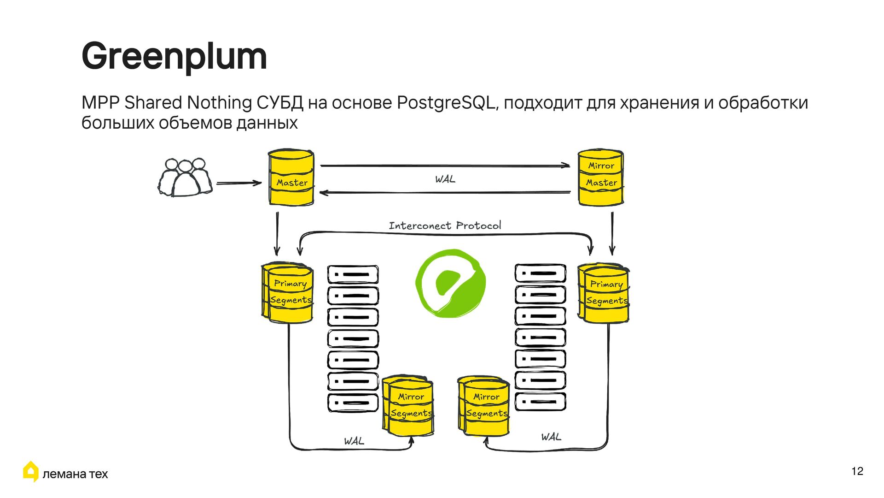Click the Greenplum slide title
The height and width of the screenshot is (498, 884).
click(174, 56)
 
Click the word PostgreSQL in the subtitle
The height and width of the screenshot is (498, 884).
click(446, 102)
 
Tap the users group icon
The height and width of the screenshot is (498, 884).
click(185, 178)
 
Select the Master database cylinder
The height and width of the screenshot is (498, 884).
click(291, 178)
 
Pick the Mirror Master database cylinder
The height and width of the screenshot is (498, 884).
click(600, 178)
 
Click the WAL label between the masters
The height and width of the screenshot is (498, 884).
click(445, 179)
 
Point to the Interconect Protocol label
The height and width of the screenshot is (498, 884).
click(445, 225)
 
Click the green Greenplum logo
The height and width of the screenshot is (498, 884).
click(450, 283)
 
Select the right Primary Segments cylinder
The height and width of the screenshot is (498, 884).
click(604, 293)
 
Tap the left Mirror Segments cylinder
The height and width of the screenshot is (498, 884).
click(408, 406)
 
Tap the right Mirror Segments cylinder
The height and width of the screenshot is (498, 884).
click(484, 406)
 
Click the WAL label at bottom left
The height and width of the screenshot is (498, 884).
click(354, 441)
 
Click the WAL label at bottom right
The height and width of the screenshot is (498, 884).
click(551, 437)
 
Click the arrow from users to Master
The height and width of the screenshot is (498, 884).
click(238, 183)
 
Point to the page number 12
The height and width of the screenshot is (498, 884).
click(857, 471)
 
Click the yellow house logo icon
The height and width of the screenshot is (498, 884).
click(31, 471)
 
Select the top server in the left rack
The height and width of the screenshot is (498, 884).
click(353, 274)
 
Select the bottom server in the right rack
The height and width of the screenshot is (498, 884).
click(540, 402)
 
